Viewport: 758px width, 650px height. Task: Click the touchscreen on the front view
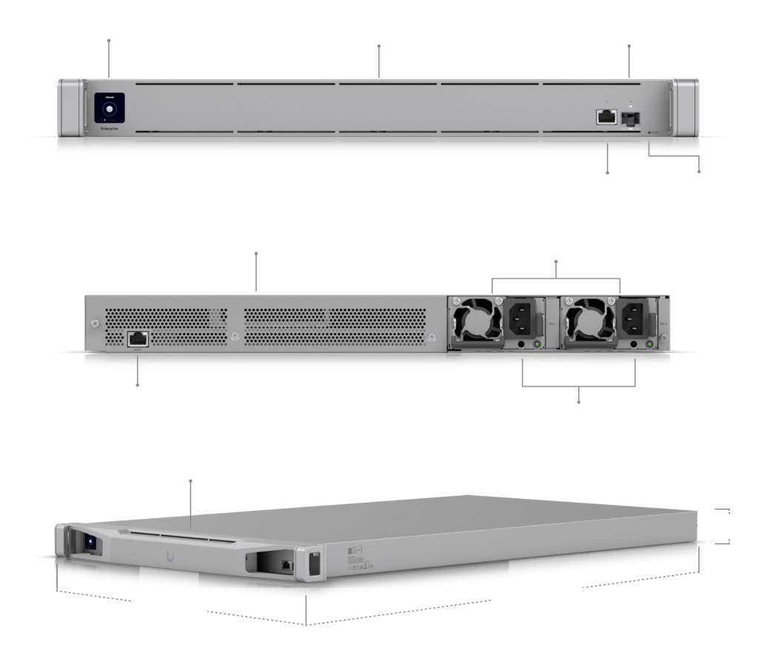click(110, 110)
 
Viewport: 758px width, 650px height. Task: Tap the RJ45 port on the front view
click(607, 116)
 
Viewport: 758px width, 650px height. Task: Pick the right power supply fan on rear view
click(589, 323)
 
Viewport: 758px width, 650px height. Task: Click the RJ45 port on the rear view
click(138, 338)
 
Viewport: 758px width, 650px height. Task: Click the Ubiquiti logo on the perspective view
click(172, 554)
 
